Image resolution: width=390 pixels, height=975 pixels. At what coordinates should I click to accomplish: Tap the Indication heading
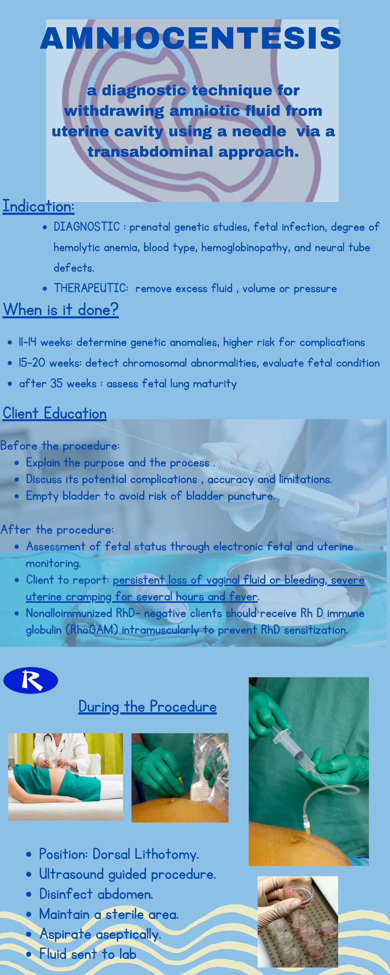pyautogui.click(x=38, y=207)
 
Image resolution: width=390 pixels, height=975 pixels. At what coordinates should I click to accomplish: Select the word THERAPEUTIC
pyautogui.click(x=91, y=288)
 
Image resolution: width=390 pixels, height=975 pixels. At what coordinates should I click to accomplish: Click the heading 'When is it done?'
pyautogui.click(x=60, y=310)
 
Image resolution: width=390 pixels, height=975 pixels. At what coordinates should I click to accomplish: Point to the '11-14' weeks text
pyautogui.click(x=27, y=342)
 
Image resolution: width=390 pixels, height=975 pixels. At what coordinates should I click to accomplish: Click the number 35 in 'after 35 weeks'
pyautogui.click(x=57, y=383)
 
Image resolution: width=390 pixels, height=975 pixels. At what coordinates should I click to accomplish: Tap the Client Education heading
pyautogui.click(x=55, y=413)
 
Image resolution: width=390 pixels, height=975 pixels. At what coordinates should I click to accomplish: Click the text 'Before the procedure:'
pyautogui.click(x=60, y=446)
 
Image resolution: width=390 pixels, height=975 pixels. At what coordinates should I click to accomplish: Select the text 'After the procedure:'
pyautogui.click(x=57, y=529)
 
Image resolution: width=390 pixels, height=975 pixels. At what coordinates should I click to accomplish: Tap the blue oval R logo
pyautogui.click(x=31, y=680)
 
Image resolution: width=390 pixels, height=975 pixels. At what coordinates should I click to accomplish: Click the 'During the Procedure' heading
pyautogui.click(x=147, y=707)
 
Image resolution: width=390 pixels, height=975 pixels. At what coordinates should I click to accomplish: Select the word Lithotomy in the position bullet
pyautogui.click(x=167, y=854)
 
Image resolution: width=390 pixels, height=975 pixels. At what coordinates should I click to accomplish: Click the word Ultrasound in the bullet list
pyautogui.click(x=71, y=874)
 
